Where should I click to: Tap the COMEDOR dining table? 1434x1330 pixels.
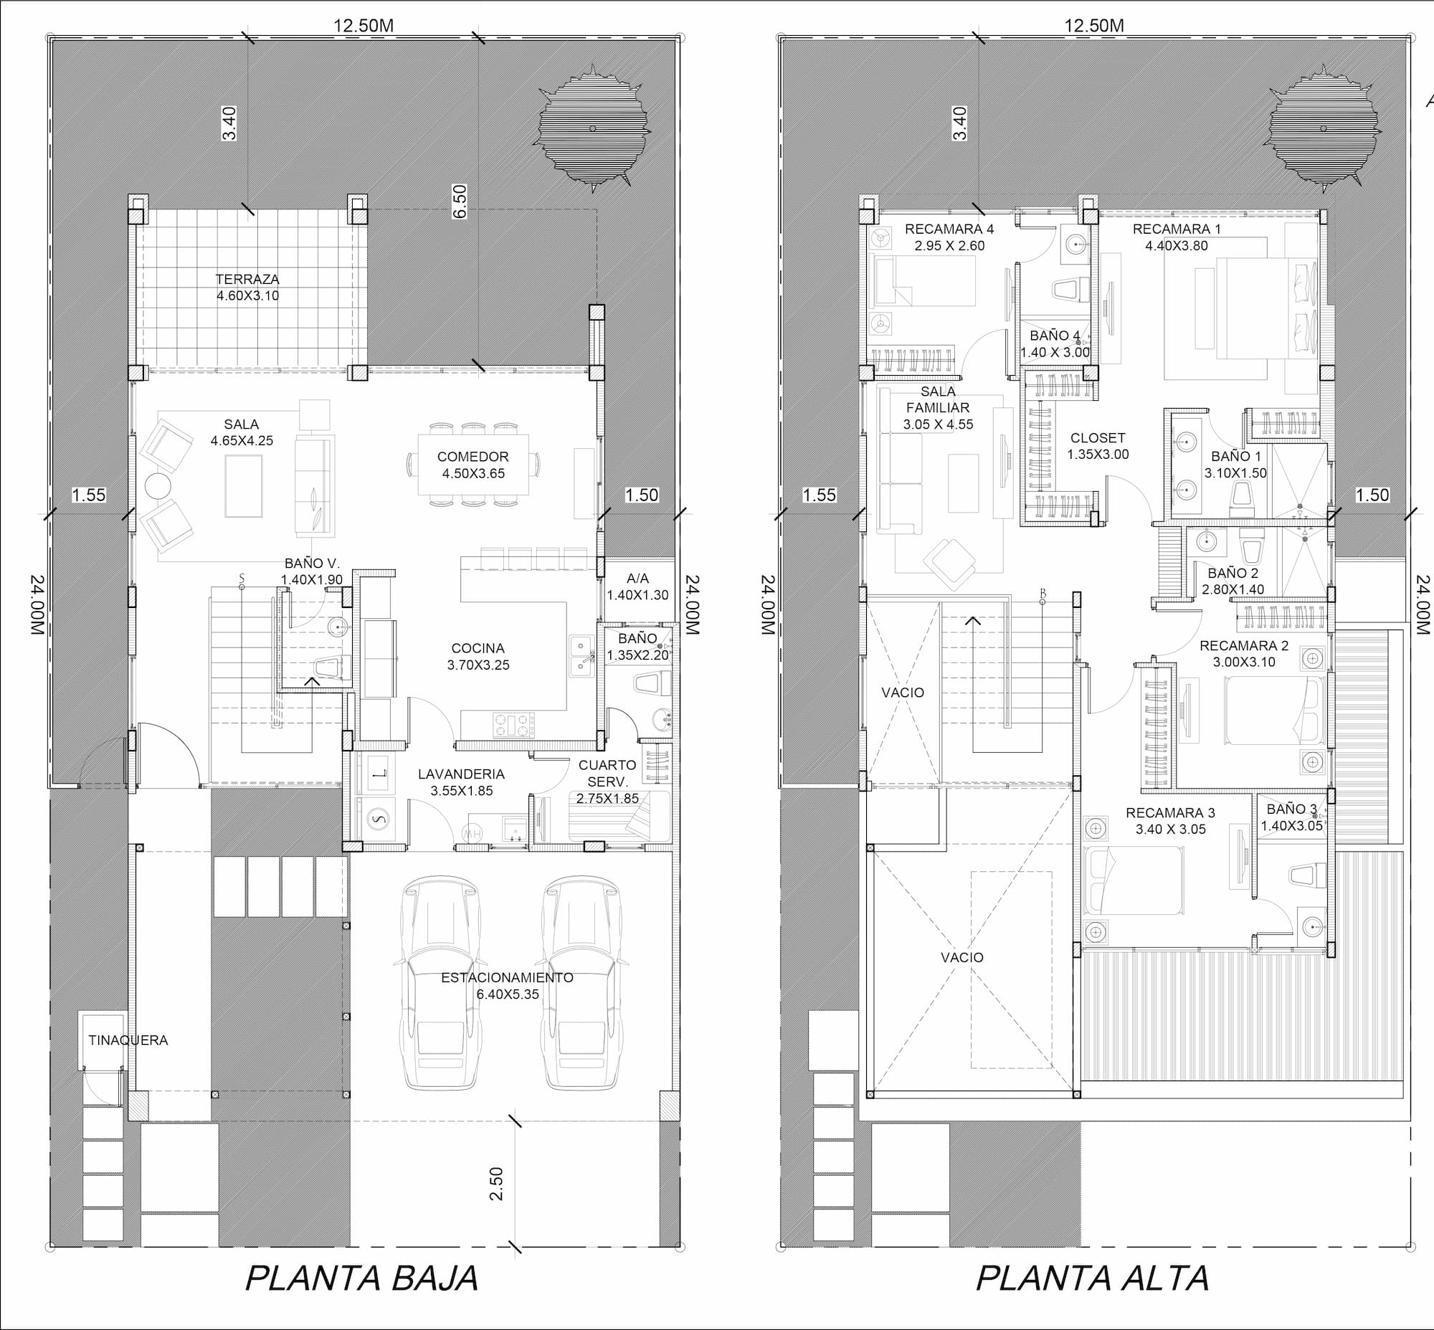(x=473, y=464)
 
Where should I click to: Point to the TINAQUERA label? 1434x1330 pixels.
(x=128, y=1040)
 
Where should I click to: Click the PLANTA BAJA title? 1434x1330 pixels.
(x=362, y=1278)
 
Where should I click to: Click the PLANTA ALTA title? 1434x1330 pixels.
(x=1092, y=1278)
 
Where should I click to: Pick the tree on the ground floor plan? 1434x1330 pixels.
(x=592, y=129)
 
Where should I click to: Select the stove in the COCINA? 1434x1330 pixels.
(x=513, y=725)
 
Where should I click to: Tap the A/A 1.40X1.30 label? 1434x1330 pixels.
(x=638, y=586)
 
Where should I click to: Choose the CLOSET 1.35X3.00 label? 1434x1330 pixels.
(x=1098, y=446)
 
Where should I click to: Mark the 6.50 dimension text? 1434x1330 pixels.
(x=460, y=201)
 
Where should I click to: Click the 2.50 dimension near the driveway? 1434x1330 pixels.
(x=496, y=1184)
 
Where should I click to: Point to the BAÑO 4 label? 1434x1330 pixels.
(x=1055, y=336)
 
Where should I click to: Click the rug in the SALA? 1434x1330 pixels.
(x=243, y=486)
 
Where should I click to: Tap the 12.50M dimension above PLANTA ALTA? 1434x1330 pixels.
(x=1094, y=26)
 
